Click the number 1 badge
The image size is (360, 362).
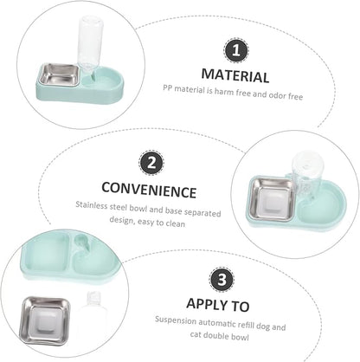pyautogui.click(x=236, y=50)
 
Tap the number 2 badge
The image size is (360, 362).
pyautogui.click(x=151, y=163)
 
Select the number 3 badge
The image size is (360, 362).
pyautogui.click(x=222, y=280)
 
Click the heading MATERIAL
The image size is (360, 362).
pyautogui.click(x=235, y=75)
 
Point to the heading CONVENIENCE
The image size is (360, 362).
pyautogui.click(x=149, y=190)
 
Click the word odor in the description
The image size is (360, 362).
pyautogui.click(x=277, y=94)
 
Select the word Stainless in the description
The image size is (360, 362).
pyautogui.click(x=92, y=205)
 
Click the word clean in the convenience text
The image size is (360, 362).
pyautogui.click(x=176, y=223)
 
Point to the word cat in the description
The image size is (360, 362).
pyautogui.click(x=196, y=335)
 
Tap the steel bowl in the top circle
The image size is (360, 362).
pyautogui.click(x=58, y=75)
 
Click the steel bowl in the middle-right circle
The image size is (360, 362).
pyautogui.click(x=272, y=200)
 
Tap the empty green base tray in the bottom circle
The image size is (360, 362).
pyautogui.click(x=69, y=256)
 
